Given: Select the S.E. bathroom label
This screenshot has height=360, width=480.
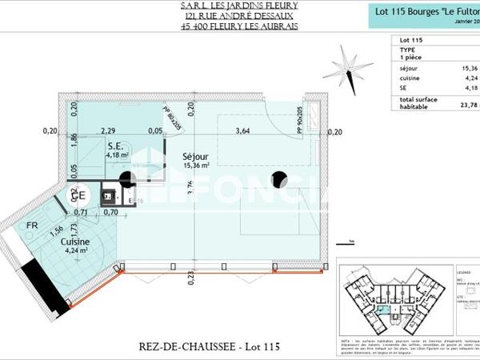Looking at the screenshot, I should [x=114, y=146].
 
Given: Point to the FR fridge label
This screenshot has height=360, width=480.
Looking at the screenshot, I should [x=32, y=226].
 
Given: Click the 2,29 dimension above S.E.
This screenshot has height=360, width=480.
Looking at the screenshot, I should [x=109, y=131].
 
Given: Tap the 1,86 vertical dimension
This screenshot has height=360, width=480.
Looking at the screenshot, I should [x=74, y=138].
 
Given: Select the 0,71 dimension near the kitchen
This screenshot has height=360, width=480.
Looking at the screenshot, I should [x=81, y=212].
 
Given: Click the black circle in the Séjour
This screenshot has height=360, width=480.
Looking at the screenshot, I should [x=278, y=179].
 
